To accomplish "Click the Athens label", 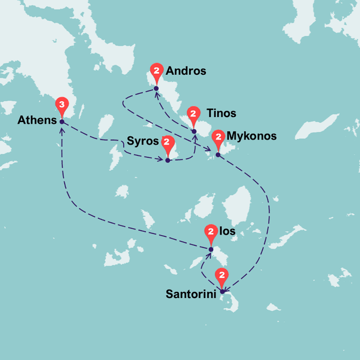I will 37,120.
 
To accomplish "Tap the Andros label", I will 186,71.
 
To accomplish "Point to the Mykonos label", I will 251,136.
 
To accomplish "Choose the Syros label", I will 143,141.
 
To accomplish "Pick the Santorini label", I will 191,294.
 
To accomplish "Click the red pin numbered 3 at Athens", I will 62,105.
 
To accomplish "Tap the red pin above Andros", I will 156,71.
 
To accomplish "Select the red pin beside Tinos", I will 194,115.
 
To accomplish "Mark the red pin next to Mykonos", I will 218,138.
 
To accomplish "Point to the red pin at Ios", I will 211,232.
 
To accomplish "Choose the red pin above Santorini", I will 222,276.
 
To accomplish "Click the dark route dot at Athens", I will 62,122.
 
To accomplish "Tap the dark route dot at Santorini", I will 222,291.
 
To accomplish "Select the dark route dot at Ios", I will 211,249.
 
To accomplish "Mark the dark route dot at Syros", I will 168,160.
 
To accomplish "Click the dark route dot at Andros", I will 156,88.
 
